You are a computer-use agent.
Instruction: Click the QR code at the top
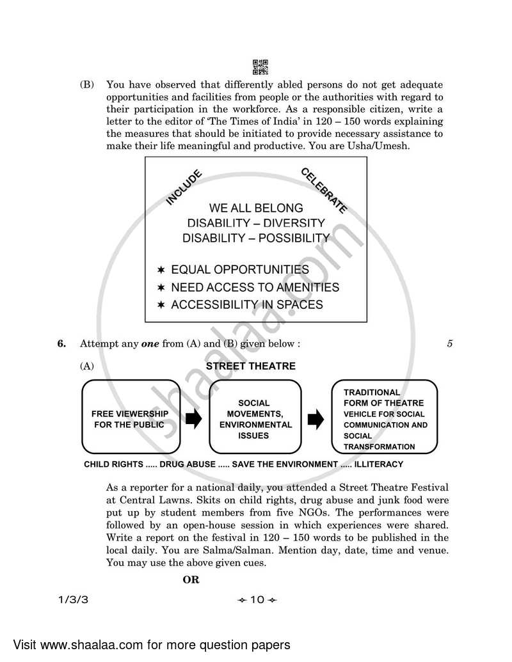click(260, 67)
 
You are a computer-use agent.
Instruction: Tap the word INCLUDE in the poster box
click(184, 187)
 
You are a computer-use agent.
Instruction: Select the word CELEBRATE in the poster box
click(324, 191)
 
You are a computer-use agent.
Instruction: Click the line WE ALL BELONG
click(256, 209)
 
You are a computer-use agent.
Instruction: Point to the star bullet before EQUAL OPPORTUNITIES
click(162, 270)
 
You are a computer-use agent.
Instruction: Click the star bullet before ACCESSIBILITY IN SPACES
click(162, 305)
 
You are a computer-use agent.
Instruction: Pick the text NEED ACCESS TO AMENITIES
click(255, 288)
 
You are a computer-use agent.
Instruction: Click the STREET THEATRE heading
click(251, 366)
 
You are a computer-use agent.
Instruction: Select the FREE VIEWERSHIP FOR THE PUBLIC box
click(129, 416)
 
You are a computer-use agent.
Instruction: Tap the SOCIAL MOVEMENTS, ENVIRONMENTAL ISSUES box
click(255, 416)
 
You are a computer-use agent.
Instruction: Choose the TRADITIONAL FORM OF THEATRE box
click(384, 416)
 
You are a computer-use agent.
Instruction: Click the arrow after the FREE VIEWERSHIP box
click(193, 420)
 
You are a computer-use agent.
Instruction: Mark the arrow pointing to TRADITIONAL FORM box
click(316, 420)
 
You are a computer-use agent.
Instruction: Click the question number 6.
click(61, 343)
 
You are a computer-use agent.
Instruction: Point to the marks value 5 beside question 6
click(450, 343)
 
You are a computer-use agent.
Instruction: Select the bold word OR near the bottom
click(191, 579)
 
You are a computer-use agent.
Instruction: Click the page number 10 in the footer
click(257, 599)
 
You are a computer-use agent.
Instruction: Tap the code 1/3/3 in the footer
click(70, 599)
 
